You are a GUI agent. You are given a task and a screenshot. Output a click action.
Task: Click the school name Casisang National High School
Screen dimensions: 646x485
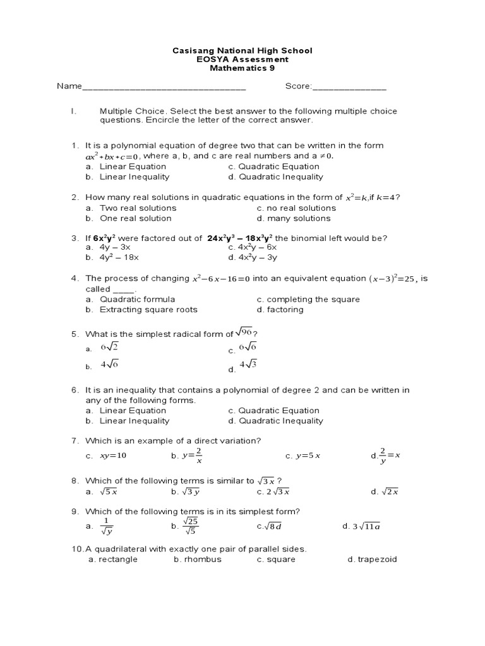(x=242, y=50)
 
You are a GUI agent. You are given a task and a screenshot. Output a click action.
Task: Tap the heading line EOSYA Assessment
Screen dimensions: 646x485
(x=242, y=59)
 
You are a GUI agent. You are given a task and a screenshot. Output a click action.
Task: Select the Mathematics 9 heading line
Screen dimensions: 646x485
(x=242, y=69)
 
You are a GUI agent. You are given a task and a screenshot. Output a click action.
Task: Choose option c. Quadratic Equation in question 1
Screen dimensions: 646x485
(x=274, y=167)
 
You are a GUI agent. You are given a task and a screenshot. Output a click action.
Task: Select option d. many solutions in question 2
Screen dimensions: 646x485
(x=294, y=218)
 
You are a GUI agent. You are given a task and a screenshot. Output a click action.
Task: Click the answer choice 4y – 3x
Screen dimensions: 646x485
(x=115, y=248)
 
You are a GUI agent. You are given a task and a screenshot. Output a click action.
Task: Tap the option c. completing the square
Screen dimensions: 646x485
(x=308, y=299)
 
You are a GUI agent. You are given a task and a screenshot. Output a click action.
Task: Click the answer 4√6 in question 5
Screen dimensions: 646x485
(x=109, y=365)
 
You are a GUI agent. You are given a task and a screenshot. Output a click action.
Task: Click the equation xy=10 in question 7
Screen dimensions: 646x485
(x=113, y=455)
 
